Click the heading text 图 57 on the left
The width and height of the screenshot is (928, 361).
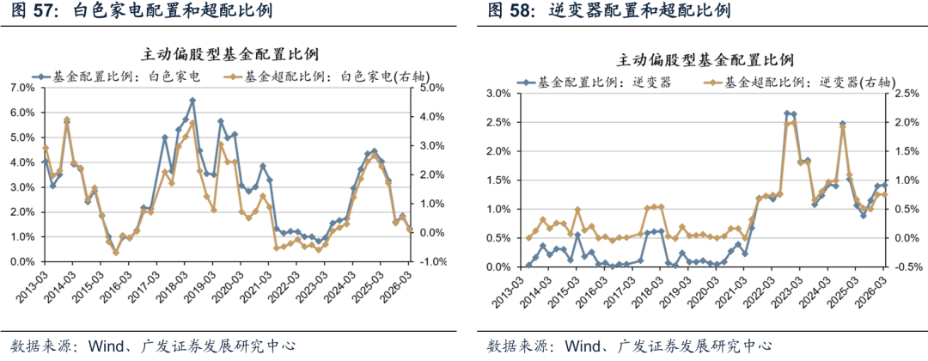pyautogui.click(x=27, y=11)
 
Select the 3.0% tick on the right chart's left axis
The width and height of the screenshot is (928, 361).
pyautogui.click(x=499, y=93)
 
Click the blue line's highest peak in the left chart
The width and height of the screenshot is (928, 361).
pyautogui.click(x=192, y=101)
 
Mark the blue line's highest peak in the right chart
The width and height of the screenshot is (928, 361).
pyautogui.click(x=787, y=113)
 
